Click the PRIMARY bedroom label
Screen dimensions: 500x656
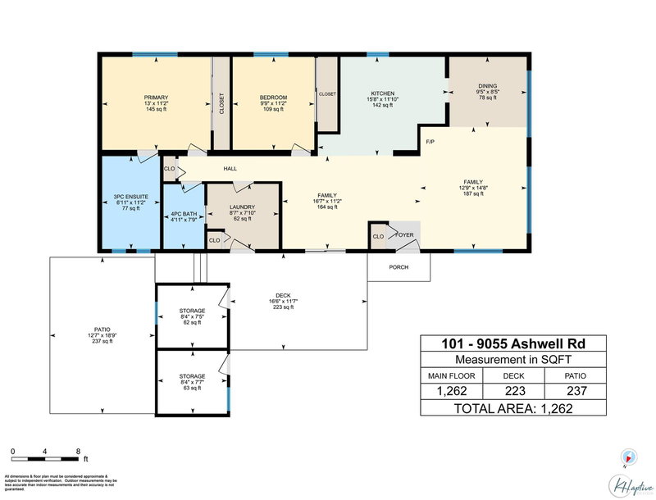[155, 98]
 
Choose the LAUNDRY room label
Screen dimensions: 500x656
[242, 207]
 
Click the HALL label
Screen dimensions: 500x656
[230, 170]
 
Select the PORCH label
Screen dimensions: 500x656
[399, 267]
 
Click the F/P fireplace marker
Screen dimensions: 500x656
[430, 143]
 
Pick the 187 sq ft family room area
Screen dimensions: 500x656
[473, 195]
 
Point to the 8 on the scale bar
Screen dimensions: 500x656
[77, 451]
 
